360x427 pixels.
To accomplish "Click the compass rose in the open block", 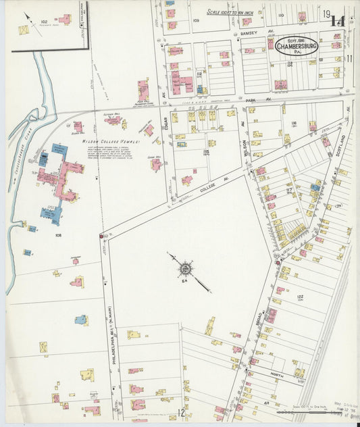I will tap(184, 269).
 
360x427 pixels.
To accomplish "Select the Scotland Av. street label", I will tap(342, 143).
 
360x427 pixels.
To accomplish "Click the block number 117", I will tap(288, 191).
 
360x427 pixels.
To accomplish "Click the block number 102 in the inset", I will tap(44, 21).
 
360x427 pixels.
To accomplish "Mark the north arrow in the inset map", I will tap(30, 17).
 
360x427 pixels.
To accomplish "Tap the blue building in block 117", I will tap(315, 186).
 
